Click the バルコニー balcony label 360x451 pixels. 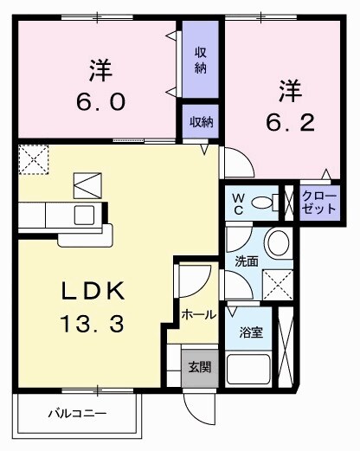point(76,414)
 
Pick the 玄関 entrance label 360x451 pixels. point(199,366)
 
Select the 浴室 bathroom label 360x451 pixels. point(250,332)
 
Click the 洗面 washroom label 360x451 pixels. point(247,261)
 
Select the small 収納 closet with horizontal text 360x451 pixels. point(200,122)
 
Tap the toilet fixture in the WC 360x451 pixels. point(276,203)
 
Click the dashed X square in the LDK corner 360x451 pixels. point(34,160)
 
